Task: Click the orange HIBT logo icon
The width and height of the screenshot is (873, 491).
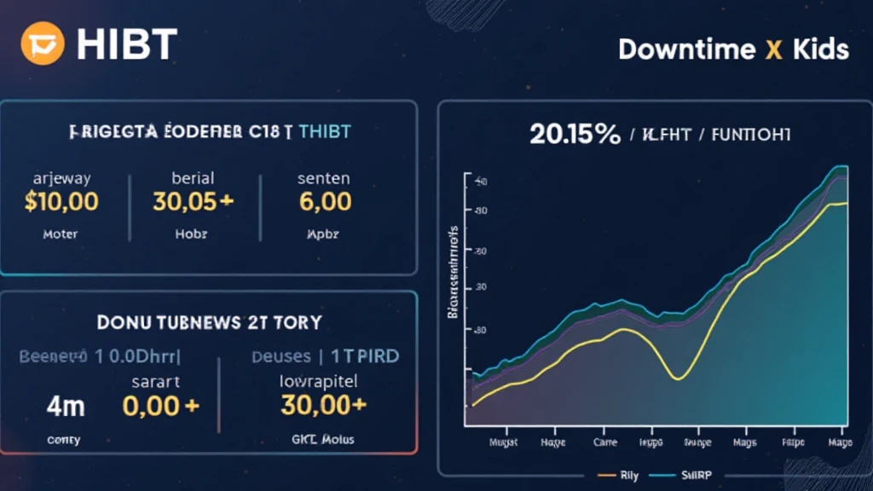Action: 43,44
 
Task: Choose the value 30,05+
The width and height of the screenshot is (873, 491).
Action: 194,201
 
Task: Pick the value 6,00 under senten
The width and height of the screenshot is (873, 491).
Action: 326,201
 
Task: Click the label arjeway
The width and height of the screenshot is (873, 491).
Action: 61,178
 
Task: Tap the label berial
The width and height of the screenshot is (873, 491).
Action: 193,178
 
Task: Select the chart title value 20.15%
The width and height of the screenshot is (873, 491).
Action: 575,134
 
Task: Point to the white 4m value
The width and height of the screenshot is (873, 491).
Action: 65,406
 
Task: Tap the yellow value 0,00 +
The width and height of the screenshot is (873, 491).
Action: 160,406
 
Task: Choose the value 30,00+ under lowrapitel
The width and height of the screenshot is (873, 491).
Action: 323,406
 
